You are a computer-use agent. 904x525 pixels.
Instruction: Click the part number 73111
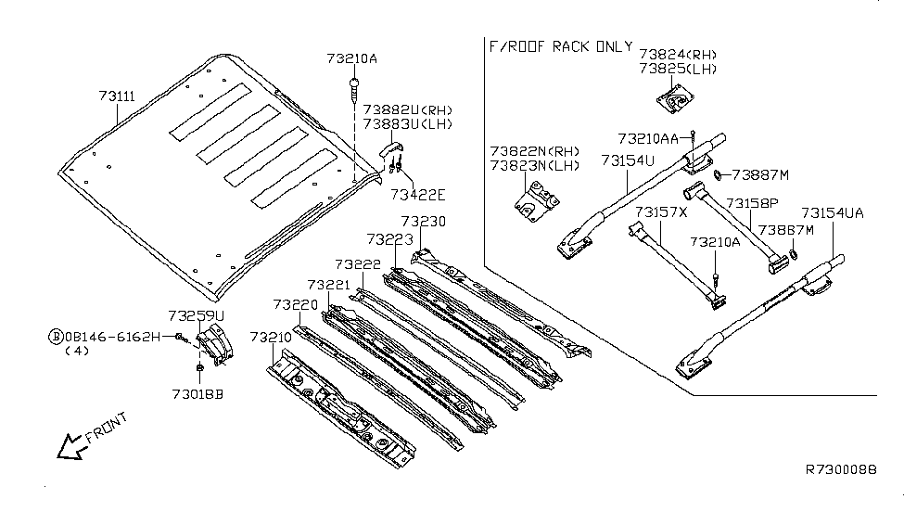tap(117, 96)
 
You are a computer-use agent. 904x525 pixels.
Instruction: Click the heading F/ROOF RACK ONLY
tap(560, 46)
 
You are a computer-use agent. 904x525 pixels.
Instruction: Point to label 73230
tap(424, 222)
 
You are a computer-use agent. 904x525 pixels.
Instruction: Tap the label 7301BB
tap(197, 393)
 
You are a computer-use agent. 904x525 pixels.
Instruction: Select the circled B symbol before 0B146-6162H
tap(56, 336)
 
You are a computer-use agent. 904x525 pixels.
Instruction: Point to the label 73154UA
tap(833, 212)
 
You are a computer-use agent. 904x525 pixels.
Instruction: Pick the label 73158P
tap(752, 203)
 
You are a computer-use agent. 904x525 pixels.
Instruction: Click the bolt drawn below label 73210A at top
tap(355, 89)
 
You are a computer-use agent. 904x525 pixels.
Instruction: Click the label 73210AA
tap(648, 138)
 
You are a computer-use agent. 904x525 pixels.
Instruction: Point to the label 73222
tap(358, 264)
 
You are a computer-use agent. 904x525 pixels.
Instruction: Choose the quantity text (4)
tap(77, 352)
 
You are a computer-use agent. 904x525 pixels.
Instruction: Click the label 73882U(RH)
tap(403, 109)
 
